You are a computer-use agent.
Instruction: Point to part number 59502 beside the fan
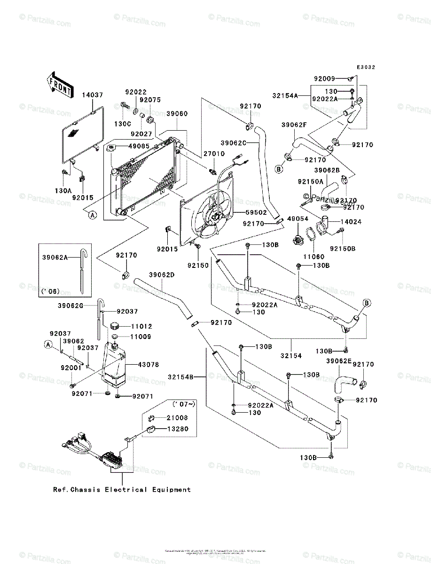257,212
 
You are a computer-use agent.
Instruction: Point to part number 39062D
163,275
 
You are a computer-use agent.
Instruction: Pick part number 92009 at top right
325,78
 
